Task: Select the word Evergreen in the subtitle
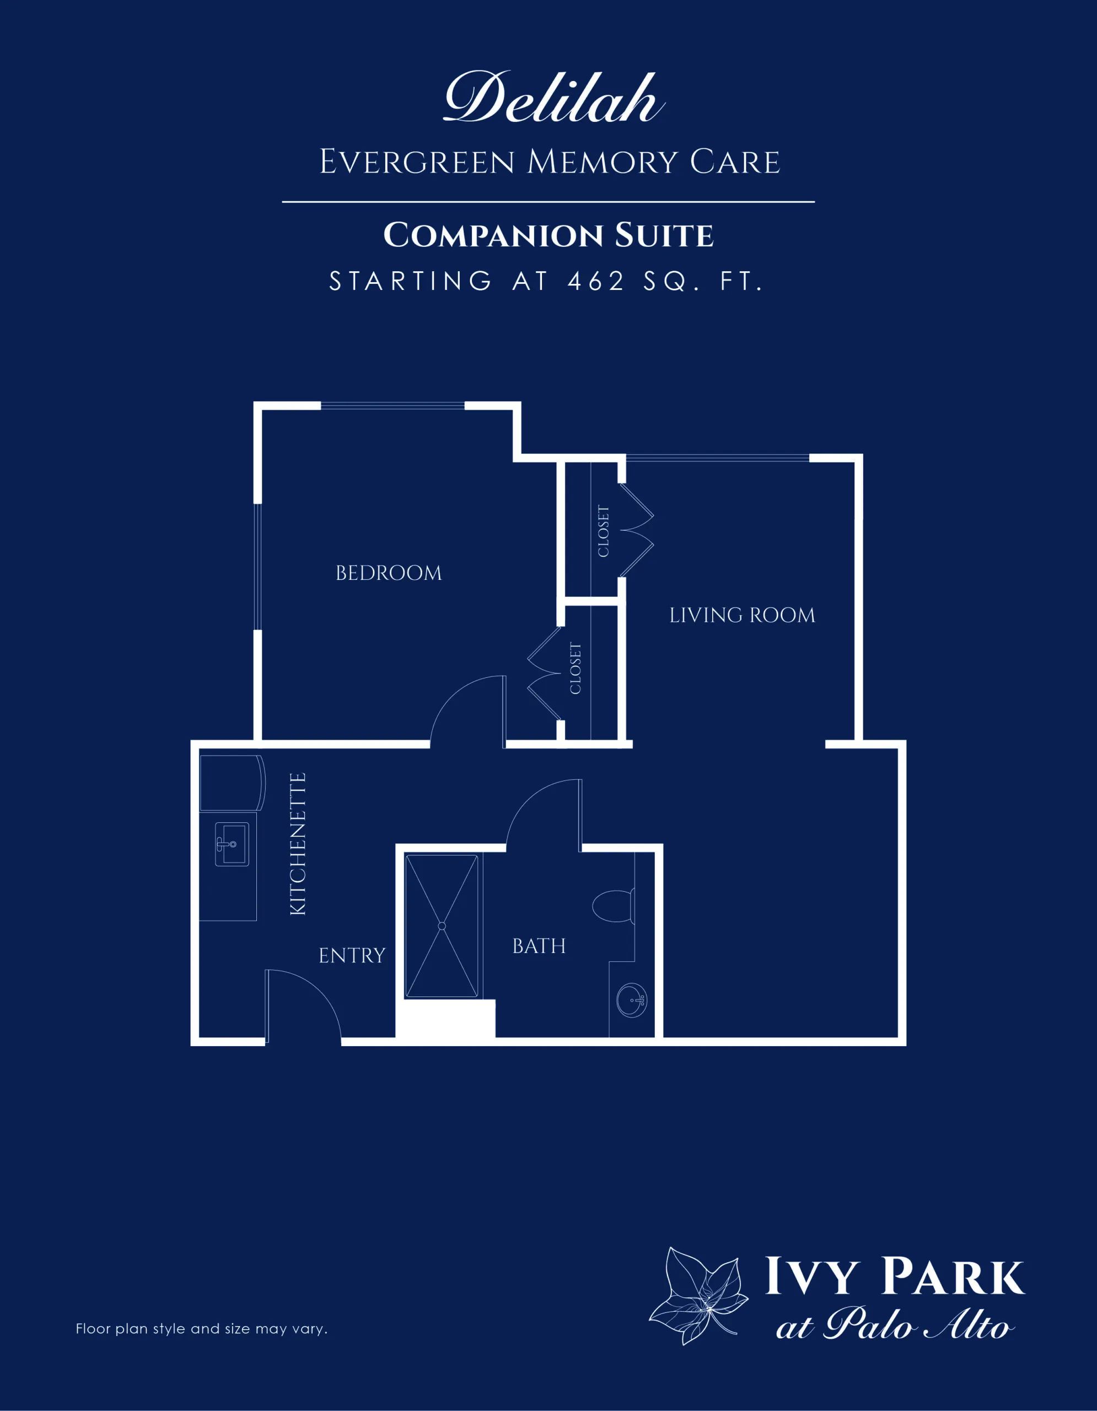point(417,161)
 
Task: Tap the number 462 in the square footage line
point(596,281)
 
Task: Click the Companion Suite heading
point(548,235)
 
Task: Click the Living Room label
point(743,615)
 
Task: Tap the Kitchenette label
point(297,844)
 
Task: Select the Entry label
point(352,956)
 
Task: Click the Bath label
point(539,946)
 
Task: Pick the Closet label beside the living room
point(604,531)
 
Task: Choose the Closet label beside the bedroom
point(576,669)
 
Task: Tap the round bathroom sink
point(631,1000)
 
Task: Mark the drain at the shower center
point(442,926)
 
